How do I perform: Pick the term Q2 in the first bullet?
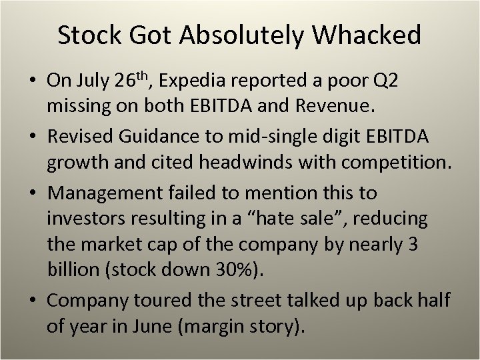(x=387, y=82)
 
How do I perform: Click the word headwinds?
(x=250, y=163)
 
